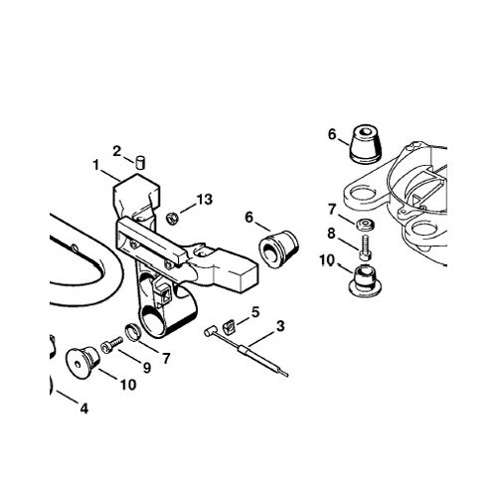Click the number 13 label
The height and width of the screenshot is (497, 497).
click(x=205, y=200)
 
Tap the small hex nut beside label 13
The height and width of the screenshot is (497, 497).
click(x=172, y=219)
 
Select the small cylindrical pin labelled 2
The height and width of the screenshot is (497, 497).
click(x=141, y=163)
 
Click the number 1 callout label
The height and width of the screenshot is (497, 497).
click(x=95, y=165)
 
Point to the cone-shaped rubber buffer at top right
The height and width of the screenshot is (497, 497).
click(x=366, y=144)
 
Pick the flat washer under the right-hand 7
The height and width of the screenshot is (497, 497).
click(x=366, y=225)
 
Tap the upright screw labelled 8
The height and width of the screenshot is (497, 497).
click(x=366, y=248)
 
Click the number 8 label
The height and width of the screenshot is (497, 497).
click(x=331, y=234)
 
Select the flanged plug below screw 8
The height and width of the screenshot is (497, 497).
click(x=366, y=280)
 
